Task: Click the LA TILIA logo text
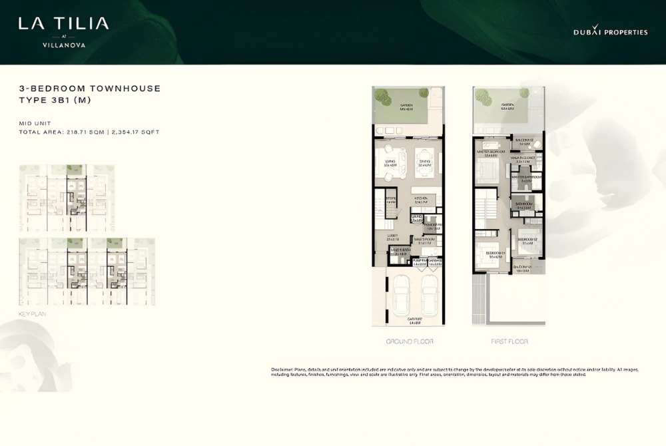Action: pyautogui.click(x=63, y=25)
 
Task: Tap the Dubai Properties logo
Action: pyautogui.click(x=610, y=32)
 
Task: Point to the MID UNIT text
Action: pyautogui.click(x=35, y=123)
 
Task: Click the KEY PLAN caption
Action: pyautogui.click(x=33, y=312)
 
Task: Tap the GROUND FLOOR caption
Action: pyautogui.click(x=409, y=341)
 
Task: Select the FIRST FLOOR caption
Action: pyautogui.click(x=509, y=341)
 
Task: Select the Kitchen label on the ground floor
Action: pyautogui.click(x=420, y=199)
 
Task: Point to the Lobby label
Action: pyautogui.click(x=392, y=236)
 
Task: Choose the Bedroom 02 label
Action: pyautogui.click(x=528, y=240)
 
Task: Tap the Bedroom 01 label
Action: pyautogui.click(x=493, y=254)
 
